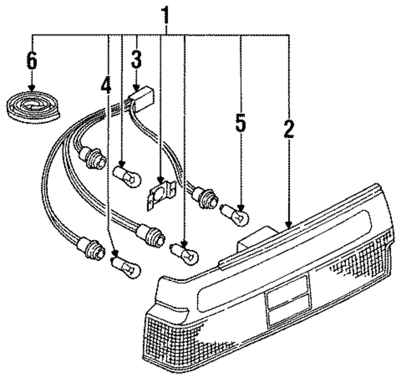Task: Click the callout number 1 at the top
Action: point(165,14)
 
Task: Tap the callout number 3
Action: point(137,60)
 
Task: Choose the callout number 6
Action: point(31,61)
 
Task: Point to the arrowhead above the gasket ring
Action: point(31,89)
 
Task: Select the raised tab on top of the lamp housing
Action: point(257,236)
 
